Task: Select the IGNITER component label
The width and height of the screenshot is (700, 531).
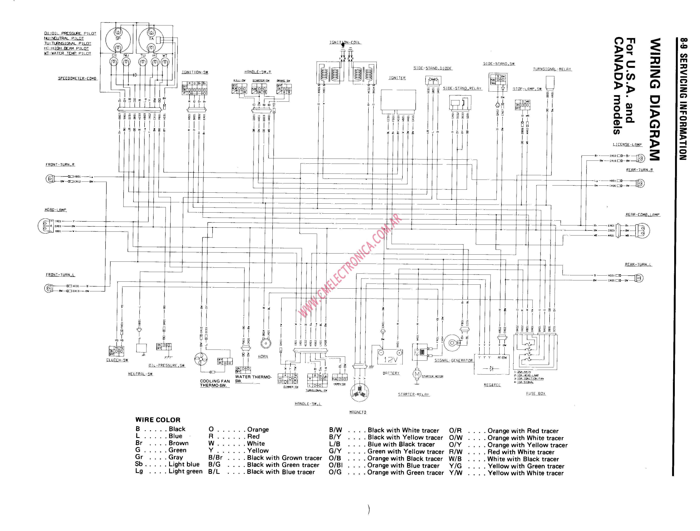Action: [x=397, y=78]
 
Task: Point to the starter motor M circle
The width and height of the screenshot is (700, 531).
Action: [x=417, y=374]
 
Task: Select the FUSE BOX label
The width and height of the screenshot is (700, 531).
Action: [x=535, y=393]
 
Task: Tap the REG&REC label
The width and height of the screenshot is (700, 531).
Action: [x=492, y=385]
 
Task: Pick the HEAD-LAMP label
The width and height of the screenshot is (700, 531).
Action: [x=55, y=210]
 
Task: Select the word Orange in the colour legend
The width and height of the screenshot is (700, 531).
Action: [x=258, y=430]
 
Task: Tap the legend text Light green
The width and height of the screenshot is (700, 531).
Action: [x=185, y=471]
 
